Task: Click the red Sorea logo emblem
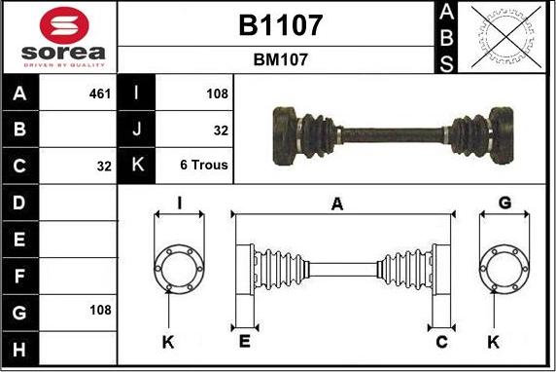[64, 25]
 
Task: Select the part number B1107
[281, 25]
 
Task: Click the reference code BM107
[281, 59]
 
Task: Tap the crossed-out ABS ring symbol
[506, 37]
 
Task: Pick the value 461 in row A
[100, 93]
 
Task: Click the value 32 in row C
[104, 167]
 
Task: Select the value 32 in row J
[221, 130]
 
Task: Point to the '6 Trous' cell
[204, 165]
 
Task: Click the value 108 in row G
[100, 311]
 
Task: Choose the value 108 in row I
[217, 93]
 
